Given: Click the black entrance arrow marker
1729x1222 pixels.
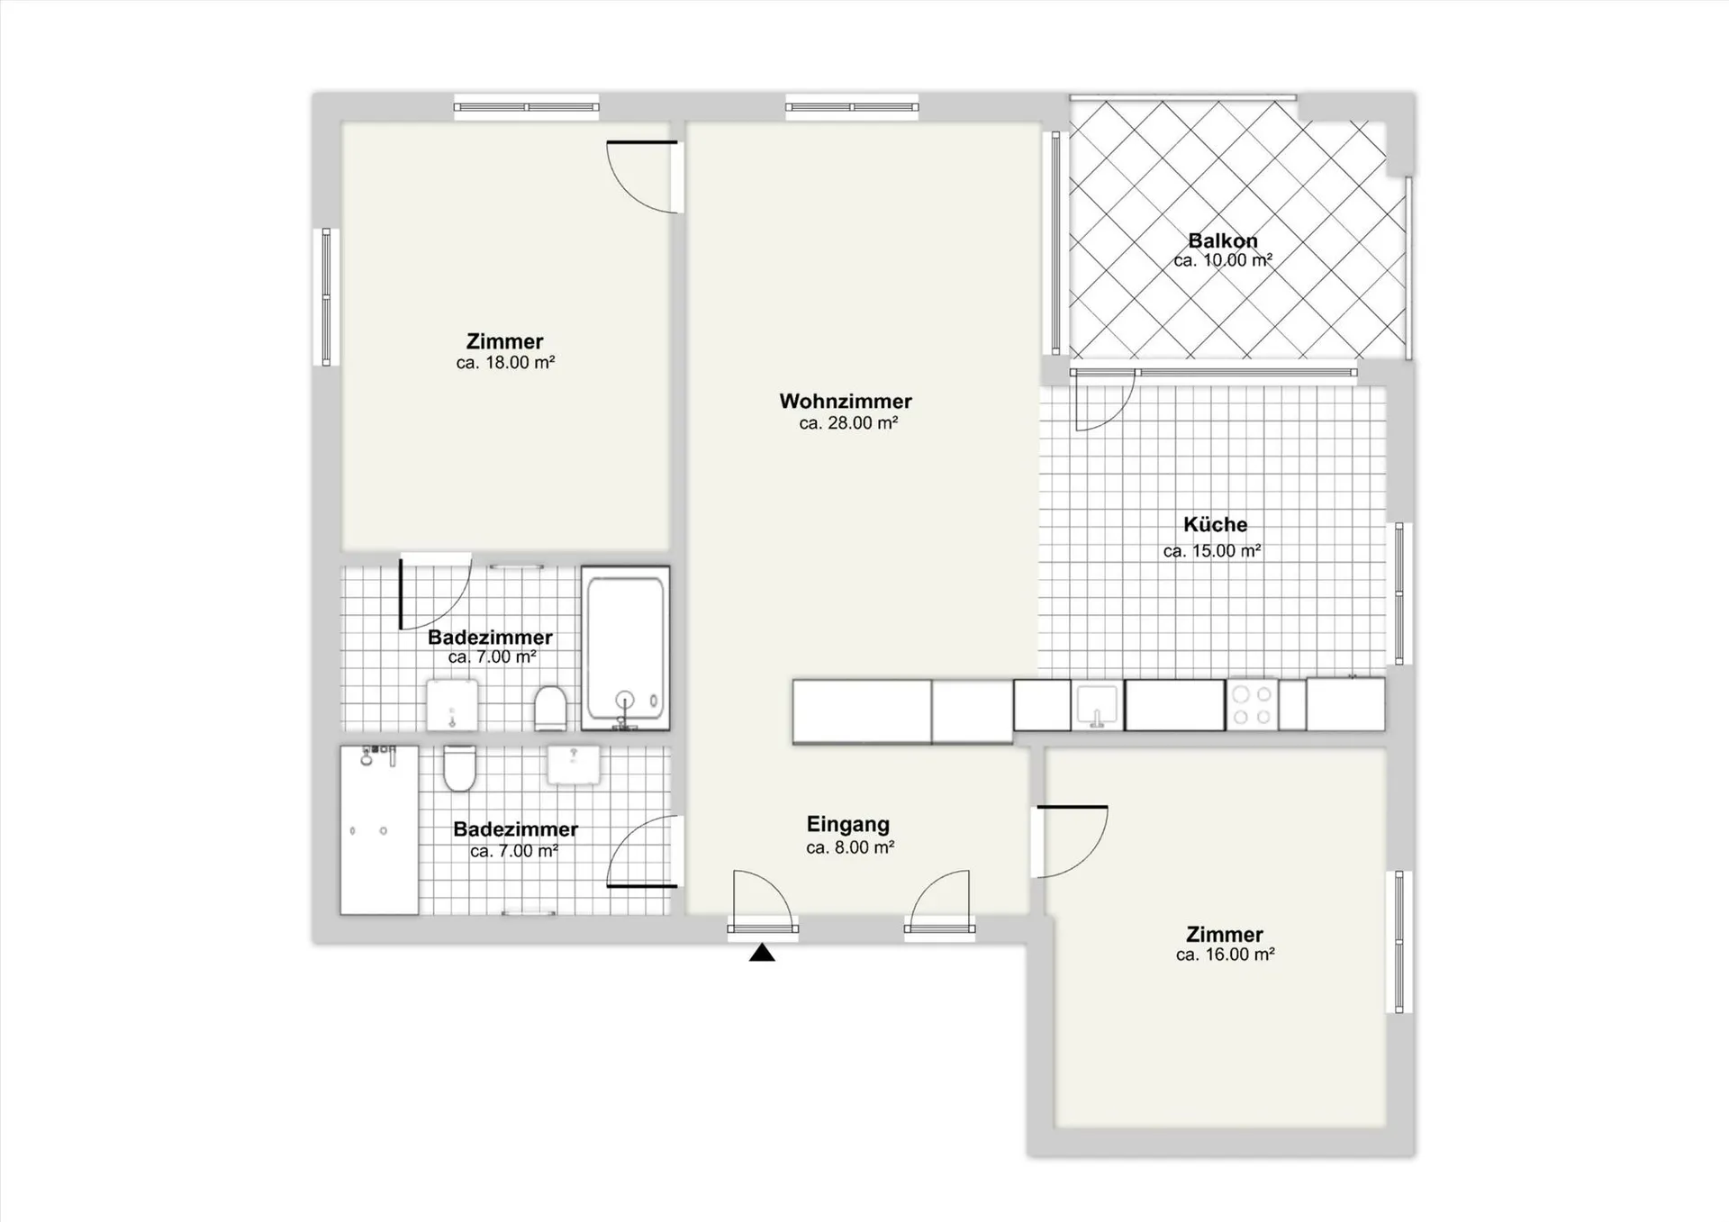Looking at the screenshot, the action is [x=762, y=953].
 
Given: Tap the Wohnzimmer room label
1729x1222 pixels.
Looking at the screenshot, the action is [x=846, y=402].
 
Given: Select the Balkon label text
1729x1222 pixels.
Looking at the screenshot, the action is [x=1223, y=240].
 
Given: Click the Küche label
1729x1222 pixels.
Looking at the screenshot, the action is [x=1215, y=524].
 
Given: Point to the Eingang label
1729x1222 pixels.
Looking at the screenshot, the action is [x=848, y=824].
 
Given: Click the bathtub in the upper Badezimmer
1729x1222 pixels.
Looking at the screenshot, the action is [x=626, y=648].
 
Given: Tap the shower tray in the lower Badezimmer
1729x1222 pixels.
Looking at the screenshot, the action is [x=379, y=829].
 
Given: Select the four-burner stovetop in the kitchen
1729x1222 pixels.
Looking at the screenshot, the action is [x=1253, y=705].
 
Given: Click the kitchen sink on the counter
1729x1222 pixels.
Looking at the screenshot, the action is [x=1097, y=705].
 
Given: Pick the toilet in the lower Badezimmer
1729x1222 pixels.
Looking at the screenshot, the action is [x=459, y=768].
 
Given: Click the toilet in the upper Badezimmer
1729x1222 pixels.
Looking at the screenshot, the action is [x=550, y=708].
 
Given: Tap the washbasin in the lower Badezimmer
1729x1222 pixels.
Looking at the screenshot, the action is [x=574, y=765].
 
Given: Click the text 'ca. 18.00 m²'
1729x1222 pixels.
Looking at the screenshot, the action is [x=505, y=363].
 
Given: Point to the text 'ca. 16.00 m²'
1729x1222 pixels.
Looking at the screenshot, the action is [x=1225, y=955].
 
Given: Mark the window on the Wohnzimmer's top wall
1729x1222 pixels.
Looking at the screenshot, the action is [x=852, y=107].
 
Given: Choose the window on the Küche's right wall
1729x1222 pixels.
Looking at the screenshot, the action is [x=1399, y=593].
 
